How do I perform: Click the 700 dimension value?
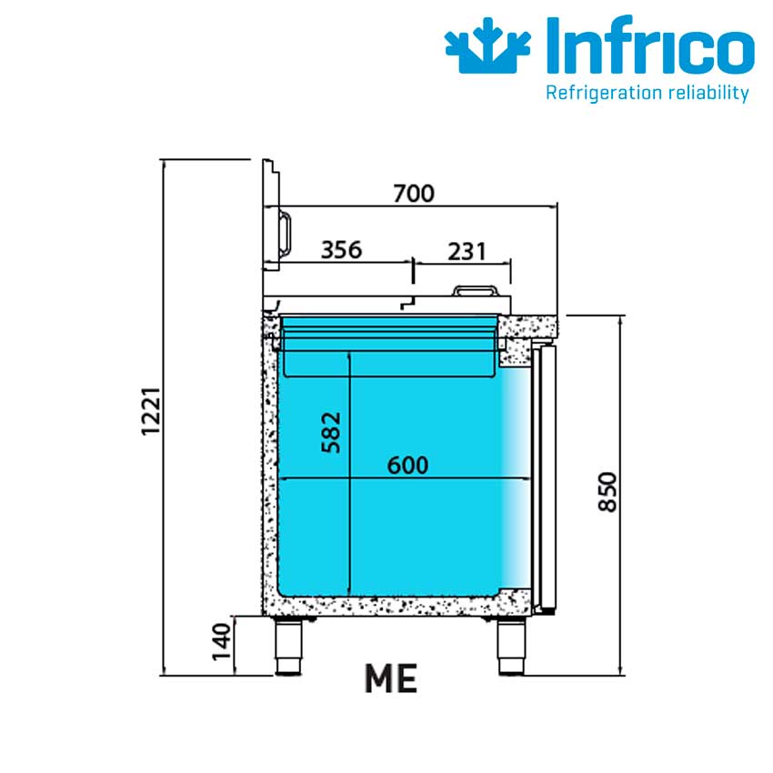pyautogui.click(x=414, y=193)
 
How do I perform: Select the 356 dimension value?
pyautogui.click(x=341, y=250)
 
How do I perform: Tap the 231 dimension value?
pyautogui.click(x=467, y=251)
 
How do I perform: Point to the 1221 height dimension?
pyautogui.click(x=151, y=411)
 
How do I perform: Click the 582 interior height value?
pyautogui.click(x=331, y=432)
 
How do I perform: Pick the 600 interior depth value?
pyautogui.click(x=407, y=466)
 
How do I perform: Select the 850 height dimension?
pyautogui.click(x=607, y=492)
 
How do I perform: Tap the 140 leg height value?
pyautogui.click(x=221, y=641)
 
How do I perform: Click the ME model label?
pyautogui.click(x=391, y=678)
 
